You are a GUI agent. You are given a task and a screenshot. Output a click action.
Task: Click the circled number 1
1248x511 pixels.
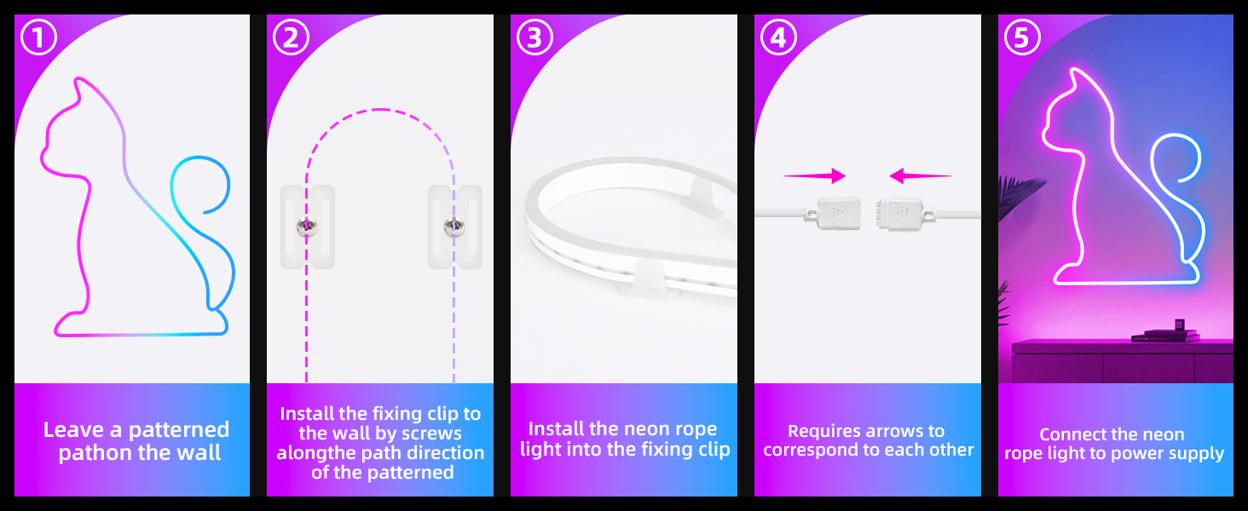[x=38, y=37]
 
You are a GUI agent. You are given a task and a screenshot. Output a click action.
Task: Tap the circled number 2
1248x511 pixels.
[x=291, y=37]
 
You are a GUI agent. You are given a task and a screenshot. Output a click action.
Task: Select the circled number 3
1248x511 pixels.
[x=534, y=37]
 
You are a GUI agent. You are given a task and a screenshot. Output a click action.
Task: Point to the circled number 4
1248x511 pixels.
[x=778, y=37]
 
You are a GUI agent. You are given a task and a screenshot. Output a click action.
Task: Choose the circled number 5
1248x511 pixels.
[x=1022, y=37]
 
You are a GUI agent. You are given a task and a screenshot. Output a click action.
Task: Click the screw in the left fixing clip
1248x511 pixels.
[x=306, y=226]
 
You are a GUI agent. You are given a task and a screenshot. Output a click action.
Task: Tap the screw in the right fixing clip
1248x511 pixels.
[x=454, y=226]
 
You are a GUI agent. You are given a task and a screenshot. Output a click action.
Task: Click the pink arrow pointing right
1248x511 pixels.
[x=815, y=176]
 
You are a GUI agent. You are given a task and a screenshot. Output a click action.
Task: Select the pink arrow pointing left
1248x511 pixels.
[x=920, y=176]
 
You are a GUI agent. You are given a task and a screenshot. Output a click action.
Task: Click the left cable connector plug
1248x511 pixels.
[x=833, y=213]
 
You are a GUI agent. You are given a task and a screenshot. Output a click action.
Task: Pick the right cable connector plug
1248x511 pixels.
[x=904, y=213]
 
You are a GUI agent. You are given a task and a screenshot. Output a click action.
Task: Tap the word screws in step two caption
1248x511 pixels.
[x=432, y=433]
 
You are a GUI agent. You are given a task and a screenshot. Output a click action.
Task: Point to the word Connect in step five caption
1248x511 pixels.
[x=1066, y=434]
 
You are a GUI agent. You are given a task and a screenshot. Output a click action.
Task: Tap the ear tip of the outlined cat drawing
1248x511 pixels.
[x=77, y=78]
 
